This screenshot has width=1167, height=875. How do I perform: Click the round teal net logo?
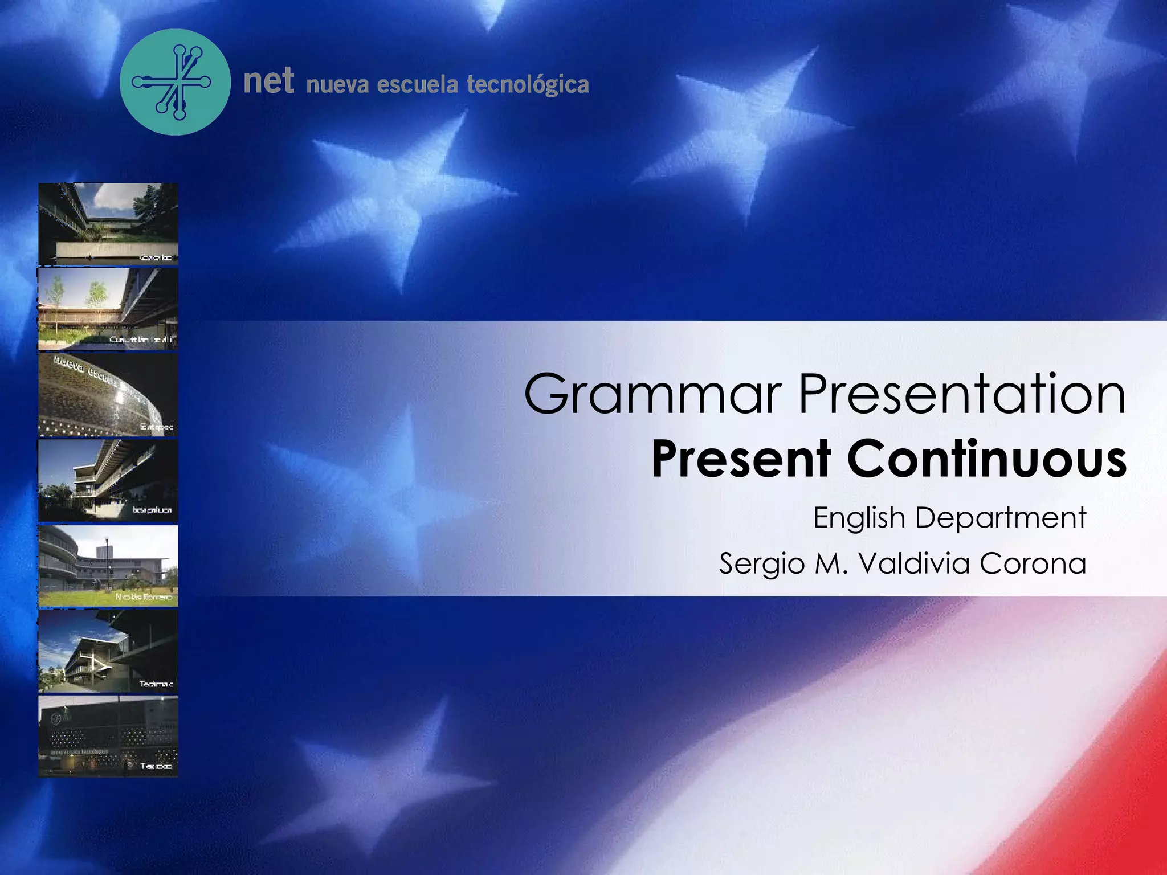pos(175,82)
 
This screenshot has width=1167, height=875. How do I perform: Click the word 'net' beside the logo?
pos(268,80)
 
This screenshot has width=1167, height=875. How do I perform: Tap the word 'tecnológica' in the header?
pos(527,84)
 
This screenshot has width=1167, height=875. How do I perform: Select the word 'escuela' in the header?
pos(417,84)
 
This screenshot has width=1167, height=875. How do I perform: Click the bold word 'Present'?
pos(741,459)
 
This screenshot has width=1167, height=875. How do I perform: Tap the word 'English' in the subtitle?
pos(859,518)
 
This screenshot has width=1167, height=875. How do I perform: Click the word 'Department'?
pos(1001,518)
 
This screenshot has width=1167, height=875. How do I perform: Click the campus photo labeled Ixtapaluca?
pos(108,480)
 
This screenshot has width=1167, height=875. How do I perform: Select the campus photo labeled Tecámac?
pos(108,651)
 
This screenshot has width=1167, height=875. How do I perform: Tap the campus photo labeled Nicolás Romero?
pos(108,566)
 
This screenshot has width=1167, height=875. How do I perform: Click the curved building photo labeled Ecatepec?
pos(108,395)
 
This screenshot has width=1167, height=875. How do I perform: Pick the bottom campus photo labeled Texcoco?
pos(108,736)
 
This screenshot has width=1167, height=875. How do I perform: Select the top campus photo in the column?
pos(108,224)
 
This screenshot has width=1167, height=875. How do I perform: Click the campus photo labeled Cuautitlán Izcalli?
pos(108,309)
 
